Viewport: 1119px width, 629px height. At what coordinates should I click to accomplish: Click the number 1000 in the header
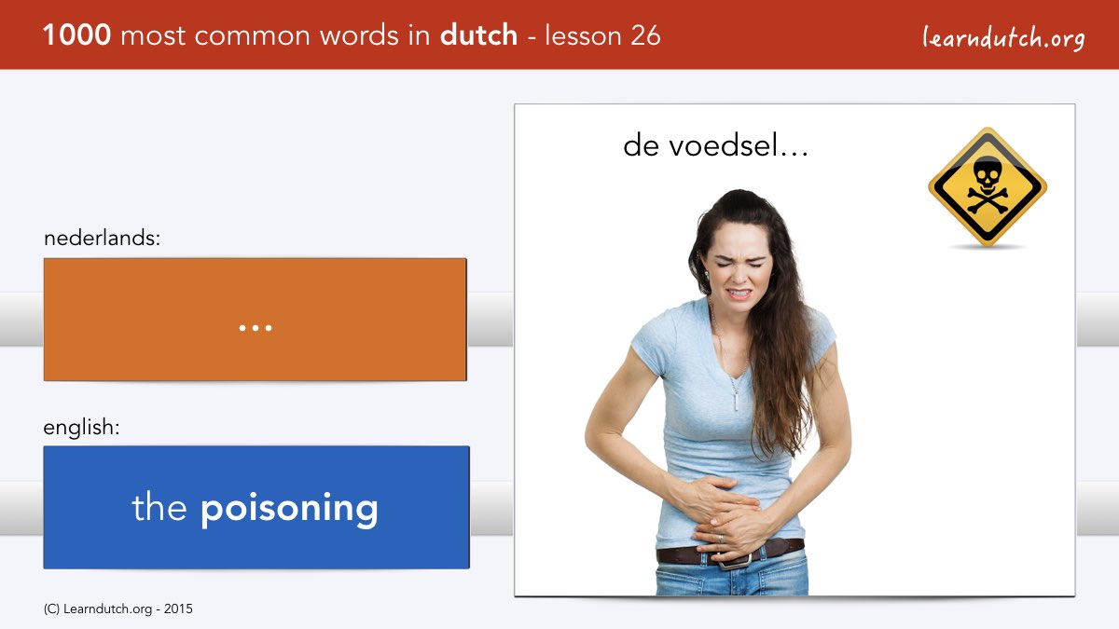point(76,35)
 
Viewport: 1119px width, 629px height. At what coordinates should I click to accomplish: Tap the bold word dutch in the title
point(478,35)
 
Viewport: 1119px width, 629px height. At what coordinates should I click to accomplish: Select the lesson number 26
point(645,35)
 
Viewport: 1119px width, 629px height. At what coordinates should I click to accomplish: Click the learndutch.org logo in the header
point(1003,38)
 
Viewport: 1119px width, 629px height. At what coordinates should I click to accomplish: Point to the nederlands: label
point(102,238)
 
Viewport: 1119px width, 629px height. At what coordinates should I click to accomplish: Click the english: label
point(81,428)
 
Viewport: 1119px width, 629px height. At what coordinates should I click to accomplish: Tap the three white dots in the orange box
point(256,328)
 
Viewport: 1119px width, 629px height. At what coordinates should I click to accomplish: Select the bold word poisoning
point(289,509)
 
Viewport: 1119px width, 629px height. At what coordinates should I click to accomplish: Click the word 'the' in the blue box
point(159,507)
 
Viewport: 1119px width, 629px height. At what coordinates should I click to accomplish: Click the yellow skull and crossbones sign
point(988,187)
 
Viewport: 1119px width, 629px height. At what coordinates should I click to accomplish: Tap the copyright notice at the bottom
point(117,609)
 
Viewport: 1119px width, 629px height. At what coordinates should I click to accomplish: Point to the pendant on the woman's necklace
point(736,401)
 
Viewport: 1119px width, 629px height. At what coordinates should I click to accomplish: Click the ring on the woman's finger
point(720,539)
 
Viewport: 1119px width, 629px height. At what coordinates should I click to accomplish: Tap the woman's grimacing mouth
point(739,293)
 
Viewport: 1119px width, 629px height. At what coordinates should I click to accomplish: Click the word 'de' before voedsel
point(641,146)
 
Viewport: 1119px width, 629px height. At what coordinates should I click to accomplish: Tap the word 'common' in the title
point(253,36)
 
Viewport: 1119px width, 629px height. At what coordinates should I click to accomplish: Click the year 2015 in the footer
point(178,609)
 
